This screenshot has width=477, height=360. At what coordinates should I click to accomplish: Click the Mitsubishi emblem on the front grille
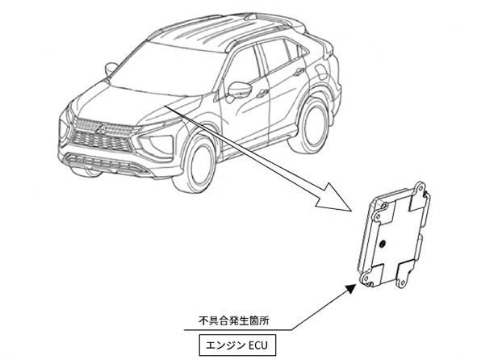click(101, 128)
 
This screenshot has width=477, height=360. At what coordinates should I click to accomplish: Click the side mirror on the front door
click(240, 90)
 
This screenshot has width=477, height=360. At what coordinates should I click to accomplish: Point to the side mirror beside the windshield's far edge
click(111, 69)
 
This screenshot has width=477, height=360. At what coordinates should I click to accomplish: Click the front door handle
click(262, 93)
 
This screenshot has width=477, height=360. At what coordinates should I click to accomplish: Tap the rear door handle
click(299, 72)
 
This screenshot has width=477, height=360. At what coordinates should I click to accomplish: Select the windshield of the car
click(165, 69)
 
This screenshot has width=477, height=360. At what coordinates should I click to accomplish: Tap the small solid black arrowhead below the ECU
click(351, 288)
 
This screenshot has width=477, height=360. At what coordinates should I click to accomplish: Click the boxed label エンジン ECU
click(237, 345)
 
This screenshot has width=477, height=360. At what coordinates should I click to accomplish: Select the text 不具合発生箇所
click(233, 321)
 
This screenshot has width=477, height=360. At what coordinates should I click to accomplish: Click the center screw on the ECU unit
click(383, 243)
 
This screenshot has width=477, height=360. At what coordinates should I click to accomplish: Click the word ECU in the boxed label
click(258, 345)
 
